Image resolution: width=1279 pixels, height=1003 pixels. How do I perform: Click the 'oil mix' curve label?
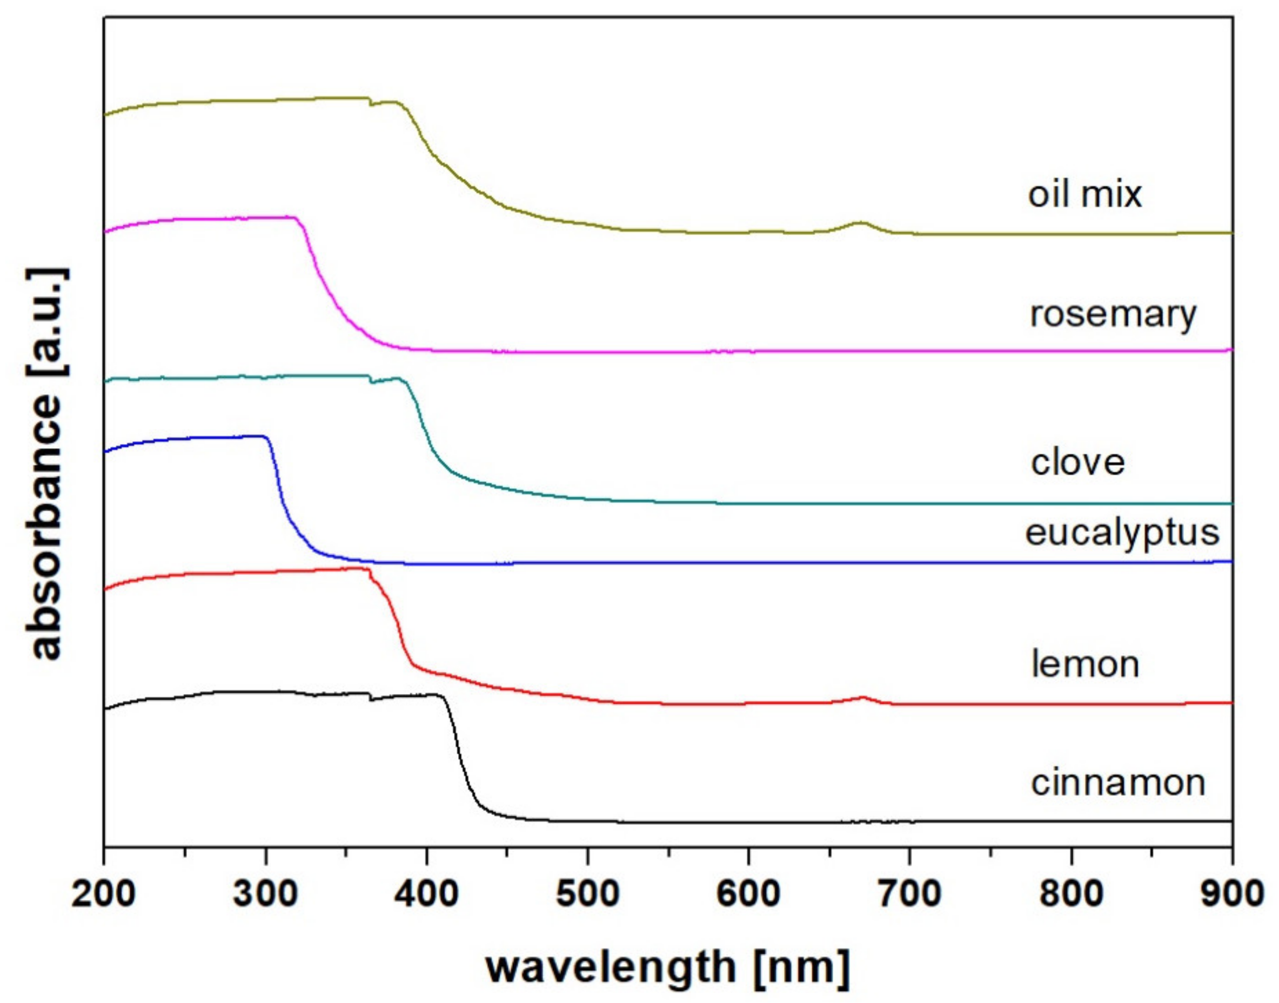[1084, 194]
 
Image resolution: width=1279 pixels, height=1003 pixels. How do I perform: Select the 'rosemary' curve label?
[1113, 315]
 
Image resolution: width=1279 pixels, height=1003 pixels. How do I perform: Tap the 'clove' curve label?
[1077, 462]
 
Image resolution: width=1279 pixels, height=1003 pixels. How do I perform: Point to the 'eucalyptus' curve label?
[1122, 533]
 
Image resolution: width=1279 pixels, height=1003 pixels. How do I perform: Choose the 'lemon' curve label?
[1085, 664]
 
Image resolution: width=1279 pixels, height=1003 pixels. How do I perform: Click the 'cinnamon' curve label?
[1118, 783]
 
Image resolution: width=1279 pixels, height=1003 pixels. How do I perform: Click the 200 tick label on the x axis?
[104, 894]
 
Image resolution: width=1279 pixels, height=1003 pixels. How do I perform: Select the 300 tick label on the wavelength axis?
[265, 894]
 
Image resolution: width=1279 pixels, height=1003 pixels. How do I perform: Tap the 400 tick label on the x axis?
[427, 894]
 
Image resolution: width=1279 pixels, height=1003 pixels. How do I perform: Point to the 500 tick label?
[587, 894]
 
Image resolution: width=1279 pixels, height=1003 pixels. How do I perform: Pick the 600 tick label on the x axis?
[748, 894]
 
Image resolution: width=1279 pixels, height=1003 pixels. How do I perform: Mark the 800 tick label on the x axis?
[1071, 894]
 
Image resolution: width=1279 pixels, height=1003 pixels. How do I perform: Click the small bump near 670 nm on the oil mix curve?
[861, 223]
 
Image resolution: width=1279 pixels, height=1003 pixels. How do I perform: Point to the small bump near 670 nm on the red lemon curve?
[862, 698]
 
